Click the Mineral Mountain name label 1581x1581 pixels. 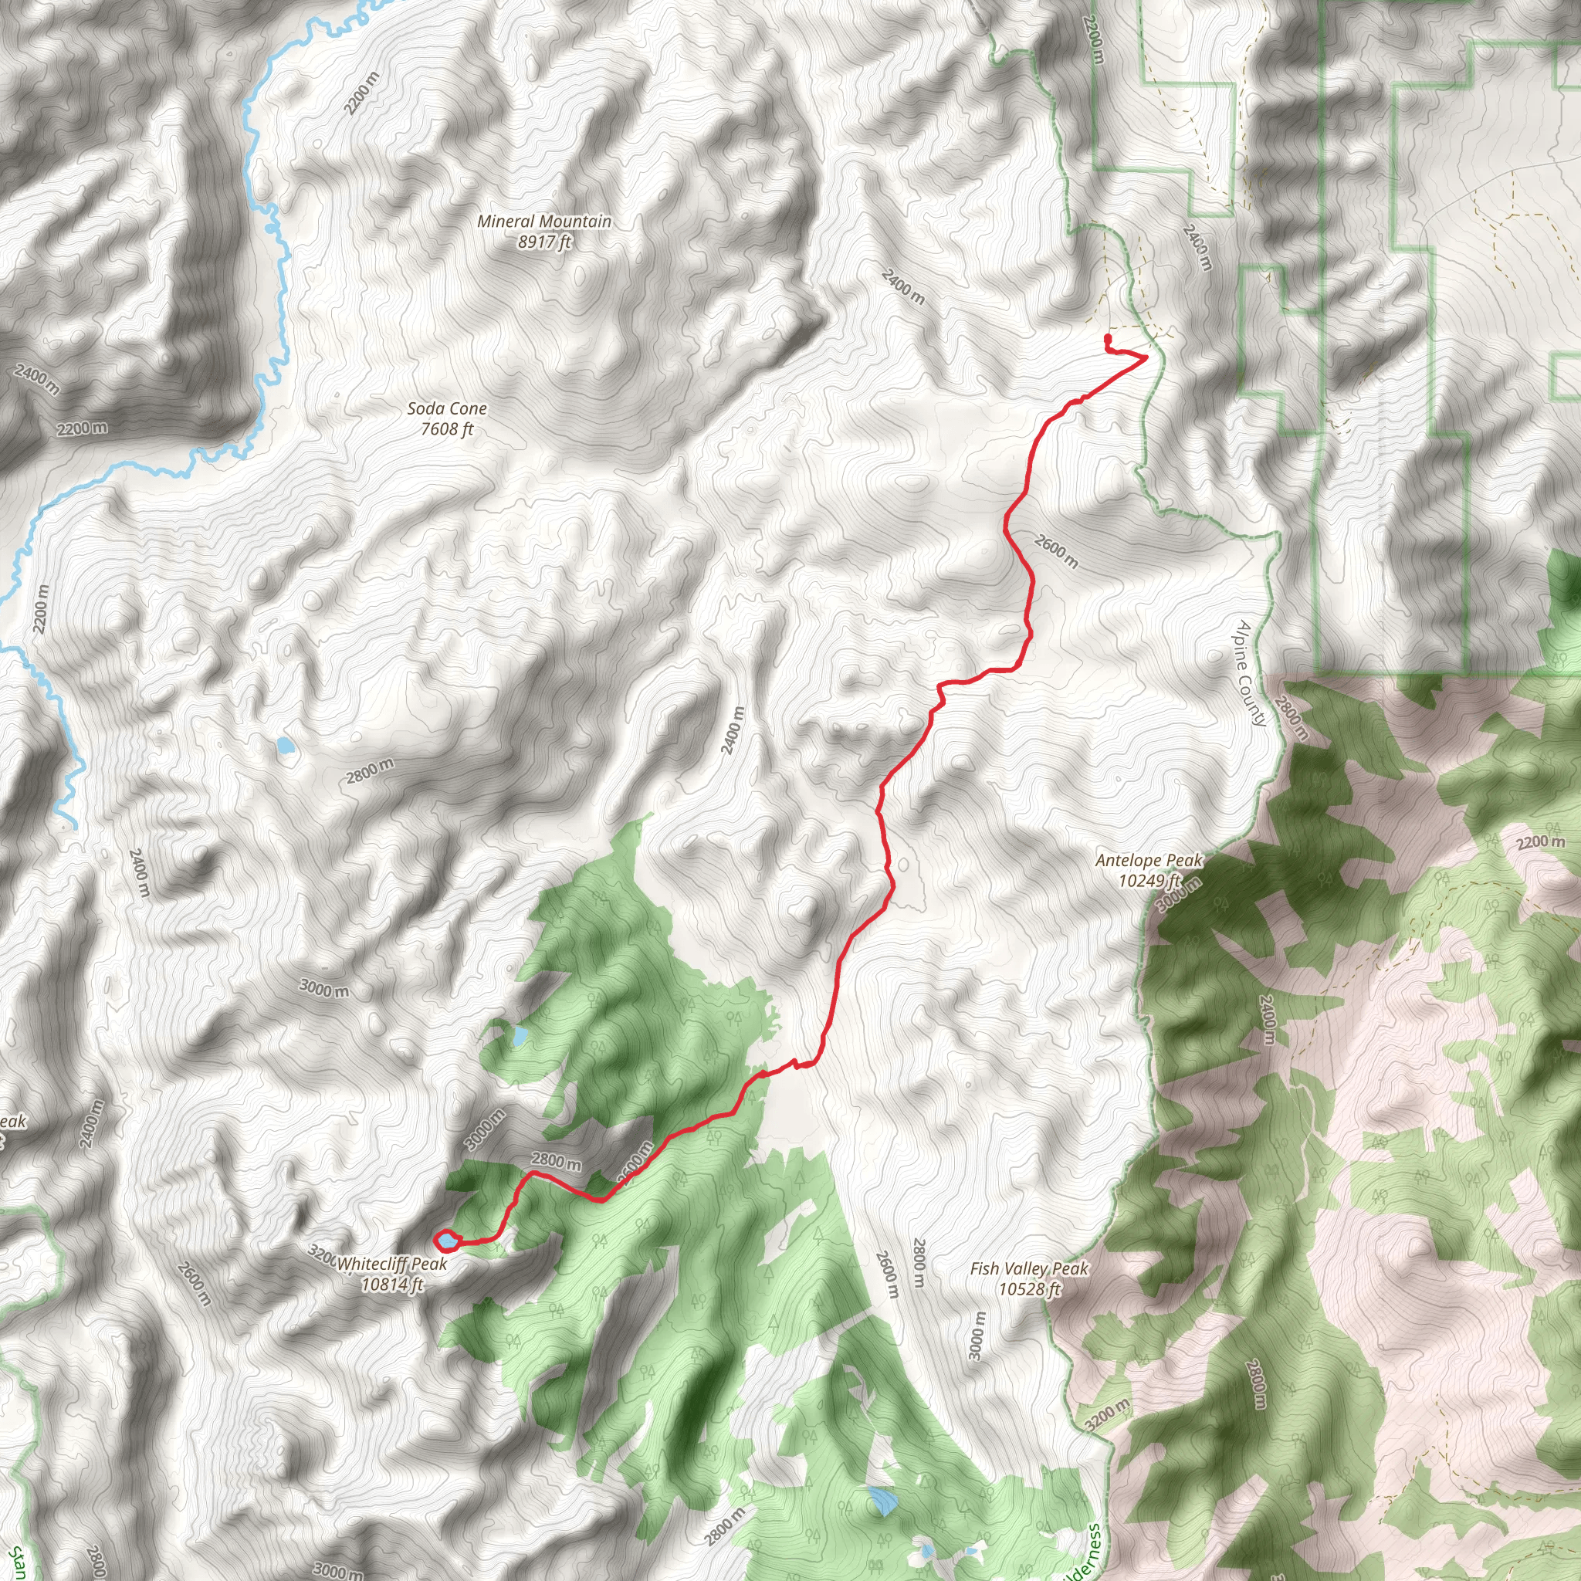click(x=544, y=221)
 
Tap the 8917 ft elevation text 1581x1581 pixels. click(x=544, y=242)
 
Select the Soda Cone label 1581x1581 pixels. click(x=447, y=408)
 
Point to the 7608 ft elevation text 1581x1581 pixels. click(x=447, y=428)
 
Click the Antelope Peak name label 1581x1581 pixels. click(x=1149, y=860)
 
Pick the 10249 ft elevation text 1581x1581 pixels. click(x=1149, y=881)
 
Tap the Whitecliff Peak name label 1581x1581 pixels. click(x=393, y=1264)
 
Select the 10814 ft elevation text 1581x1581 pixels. click(x=393, y=1285)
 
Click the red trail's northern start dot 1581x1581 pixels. click(x=1107, y=337)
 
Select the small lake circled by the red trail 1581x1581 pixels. click(x=448, y=1242)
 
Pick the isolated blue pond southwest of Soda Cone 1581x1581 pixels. click(x=285, y=746)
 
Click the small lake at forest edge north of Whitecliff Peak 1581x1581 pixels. click(x=520, y=1037)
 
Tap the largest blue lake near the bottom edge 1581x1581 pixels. click(x=882, y=1500)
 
